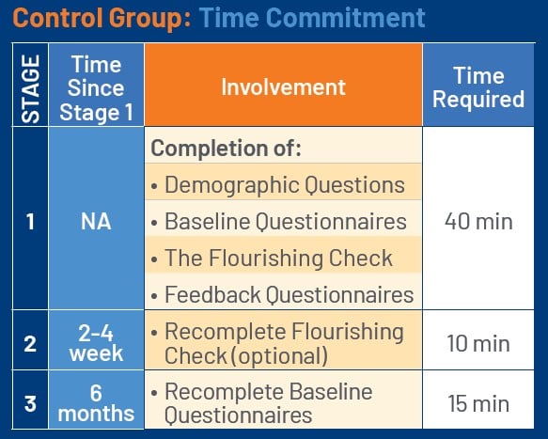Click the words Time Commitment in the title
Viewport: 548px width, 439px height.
pos(311,18)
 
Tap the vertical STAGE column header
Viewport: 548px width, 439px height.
pos(29,88)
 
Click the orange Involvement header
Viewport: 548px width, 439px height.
pos(283,88)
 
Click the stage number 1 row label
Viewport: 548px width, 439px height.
pos(29,222)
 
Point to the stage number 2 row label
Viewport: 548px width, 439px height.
pos(29,344)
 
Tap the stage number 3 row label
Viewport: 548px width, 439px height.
pos(29,403)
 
